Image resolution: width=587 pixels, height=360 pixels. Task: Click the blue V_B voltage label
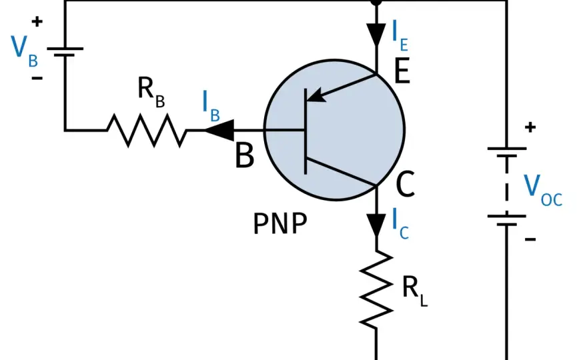pyautogui.click(x=24, y=51)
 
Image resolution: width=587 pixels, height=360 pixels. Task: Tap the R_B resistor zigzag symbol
pyautogui.click(x=146, y=130)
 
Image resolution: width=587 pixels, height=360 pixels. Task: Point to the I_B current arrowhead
pyautogui.click(x=219, y=130)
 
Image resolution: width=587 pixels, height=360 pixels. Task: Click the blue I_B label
pyautogui.click(x=211, y=106)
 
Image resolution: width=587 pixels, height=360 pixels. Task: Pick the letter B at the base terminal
pyautogui.click(x=244, y=155)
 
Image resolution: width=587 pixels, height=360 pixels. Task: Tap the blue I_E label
pyautogui.click(x=400, y=35)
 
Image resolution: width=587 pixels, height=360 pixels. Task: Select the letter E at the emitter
pyautogui.click(x=402, y=71)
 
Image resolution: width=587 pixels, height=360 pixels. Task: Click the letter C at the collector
pyautogui.click(x=405, y=184)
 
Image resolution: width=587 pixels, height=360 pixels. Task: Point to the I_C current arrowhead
pyautogui.click(x=376, y=225)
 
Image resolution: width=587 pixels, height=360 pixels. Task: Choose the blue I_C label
pyautogui.click(x=400, y=224)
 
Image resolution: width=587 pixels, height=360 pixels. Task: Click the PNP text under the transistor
pyautogui.click(x=280, y=224)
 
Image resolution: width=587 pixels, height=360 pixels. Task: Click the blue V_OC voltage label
pyautogui.click(x=543, y=191)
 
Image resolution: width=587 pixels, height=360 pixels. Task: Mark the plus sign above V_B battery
pyautogui.click(x=37, y=22)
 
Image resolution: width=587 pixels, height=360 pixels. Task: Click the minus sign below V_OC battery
pyautogui.click(x=530, y=239)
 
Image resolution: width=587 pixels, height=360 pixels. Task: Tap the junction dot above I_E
pyautogui.click(x=376, y=2)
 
